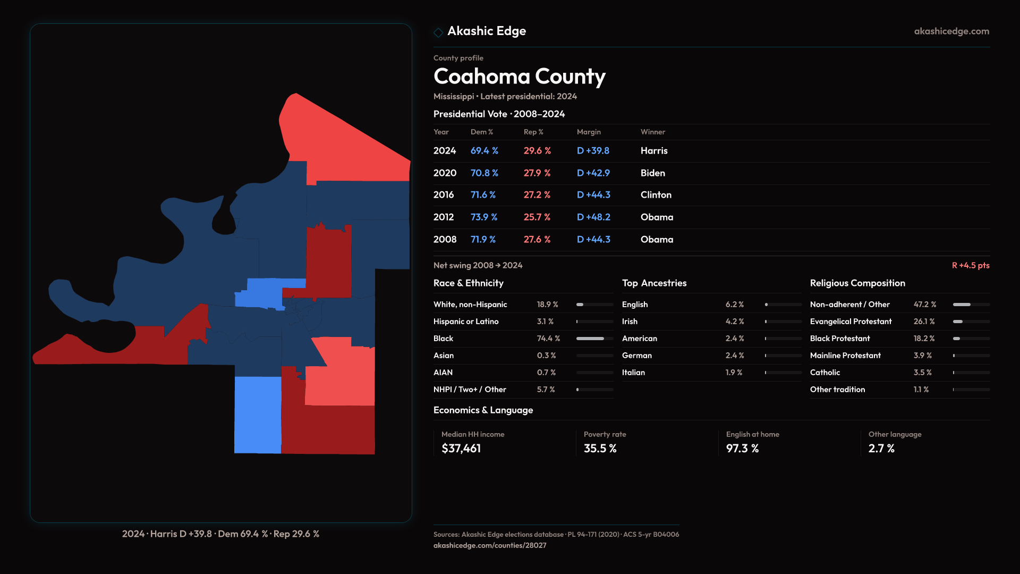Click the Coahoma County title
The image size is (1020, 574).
click(519, 77)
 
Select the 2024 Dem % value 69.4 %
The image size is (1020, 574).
click(484, 151)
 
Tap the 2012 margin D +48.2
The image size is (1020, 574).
click(593, 217)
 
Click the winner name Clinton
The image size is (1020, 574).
click(656, 195)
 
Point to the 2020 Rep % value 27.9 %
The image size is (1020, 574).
click(537, 173)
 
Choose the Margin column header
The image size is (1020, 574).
click(589, 132)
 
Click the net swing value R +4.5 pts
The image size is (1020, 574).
click(970, 265)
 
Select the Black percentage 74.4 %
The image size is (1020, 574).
click(548, 339)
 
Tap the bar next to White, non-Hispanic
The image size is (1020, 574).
click(594, 305)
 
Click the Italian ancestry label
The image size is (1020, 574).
click(633, 373)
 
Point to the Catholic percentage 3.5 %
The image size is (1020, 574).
click(922, 373)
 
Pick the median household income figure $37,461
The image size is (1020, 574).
click(461, 449)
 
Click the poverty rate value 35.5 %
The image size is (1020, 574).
click(600, 449)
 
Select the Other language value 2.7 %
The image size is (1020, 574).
click(881, 449)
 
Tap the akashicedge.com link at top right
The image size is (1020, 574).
click(951, 31)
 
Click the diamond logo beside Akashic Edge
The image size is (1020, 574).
click(438, 32)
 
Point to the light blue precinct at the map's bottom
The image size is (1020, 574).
click(258, 415)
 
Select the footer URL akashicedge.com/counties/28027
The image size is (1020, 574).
click(489, 545)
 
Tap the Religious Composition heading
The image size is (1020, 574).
click(857, 283)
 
